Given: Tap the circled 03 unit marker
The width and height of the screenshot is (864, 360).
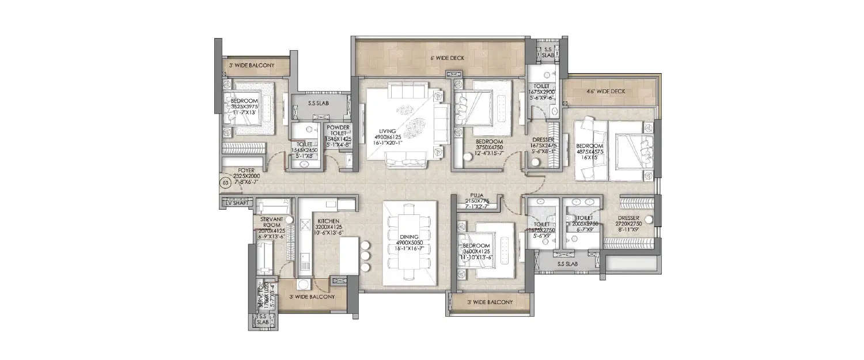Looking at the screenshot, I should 225,184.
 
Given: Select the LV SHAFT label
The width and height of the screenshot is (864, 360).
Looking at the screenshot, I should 236,202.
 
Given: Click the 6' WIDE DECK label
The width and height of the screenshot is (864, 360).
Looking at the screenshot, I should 446,59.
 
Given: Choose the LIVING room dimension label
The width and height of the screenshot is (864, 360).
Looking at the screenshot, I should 386,138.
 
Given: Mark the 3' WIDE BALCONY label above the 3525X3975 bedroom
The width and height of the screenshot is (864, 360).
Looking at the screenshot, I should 252,66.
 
